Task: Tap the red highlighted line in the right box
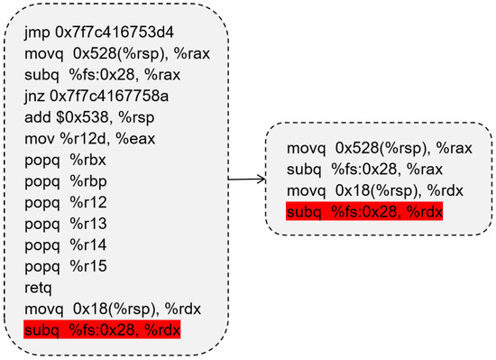364,213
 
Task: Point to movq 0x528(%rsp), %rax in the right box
374,148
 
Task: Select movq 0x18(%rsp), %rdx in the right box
370,191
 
